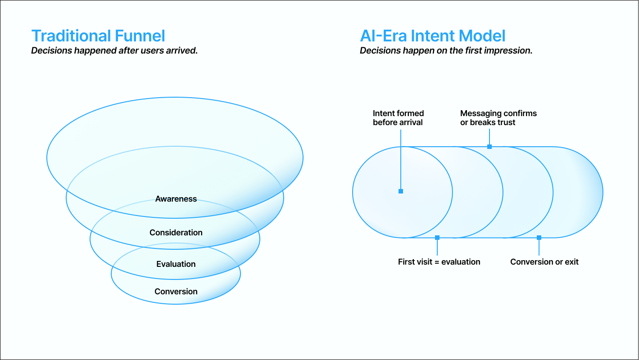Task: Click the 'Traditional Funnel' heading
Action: (98, 36)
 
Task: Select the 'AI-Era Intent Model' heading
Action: (432, 36)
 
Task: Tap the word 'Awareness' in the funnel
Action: (176, 199)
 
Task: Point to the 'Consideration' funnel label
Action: (176, 233)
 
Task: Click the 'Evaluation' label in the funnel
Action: (176, 264)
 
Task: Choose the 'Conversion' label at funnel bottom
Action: (176, 292)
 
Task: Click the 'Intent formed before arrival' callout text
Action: (399, 118)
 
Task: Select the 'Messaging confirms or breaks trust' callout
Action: (499, 118)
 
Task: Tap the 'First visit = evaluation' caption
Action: (439, 262)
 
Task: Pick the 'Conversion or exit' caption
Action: (544, 262)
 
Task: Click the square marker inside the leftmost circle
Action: (401, 191)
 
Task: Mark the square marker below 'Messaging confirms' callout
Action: (489, 147)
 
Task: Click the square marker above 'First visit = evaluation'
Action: (437, 238)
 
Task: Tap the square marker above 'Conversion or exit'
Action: (539, 238)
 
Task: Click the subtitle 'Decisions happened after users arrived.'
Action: (114, 50)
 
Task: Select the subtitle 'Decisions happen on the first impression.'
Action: (446, 50)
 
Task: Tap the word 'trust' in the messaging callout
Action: (506, 122)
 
